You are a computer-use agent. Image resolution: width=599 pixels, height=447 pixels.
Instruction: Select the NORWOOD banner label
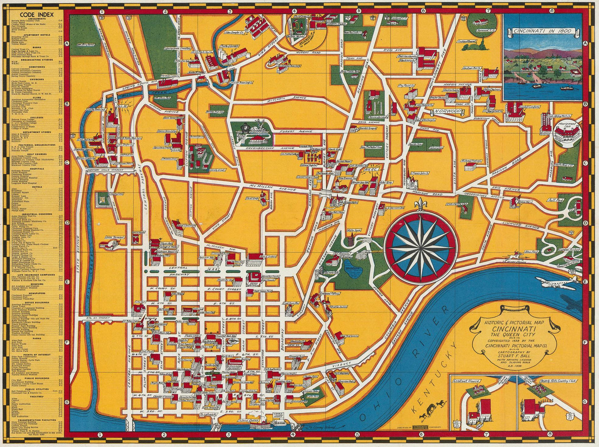pos(449,112)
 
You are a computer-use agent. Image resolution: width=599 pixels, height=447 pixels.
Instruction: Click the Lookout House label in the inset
pos(466,381)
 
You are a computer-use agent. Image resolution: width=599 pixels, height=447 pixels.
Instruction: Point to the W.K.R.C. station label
pos(370,169)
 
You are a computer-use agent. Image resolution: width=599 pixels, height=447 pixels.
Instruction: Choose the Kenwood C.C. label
pos(482,30)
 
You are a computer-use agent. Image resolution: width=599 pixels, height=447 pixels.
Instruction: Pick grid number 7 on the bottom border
pos(484,435)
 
